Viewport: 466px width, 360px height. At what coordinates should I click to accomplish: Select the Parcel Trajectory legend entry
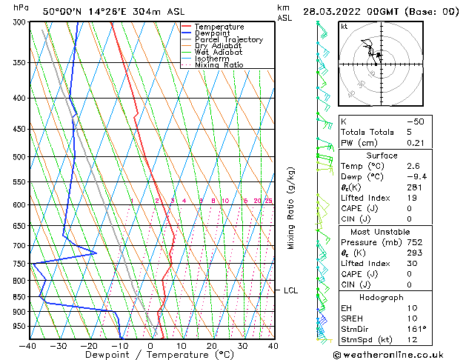[228, 40]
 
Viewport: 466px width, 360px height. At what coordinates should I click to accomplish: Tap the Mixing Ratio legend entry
[219, 65]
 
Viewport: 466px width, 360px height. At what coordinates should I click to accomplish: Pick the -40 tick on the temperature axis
[28, 345]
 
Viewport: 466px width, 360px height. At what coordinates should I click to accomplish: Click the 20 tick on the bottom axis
[211, 345]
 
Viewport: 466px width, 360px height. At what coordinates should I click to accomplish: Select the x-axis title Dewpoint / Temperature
[149, 355]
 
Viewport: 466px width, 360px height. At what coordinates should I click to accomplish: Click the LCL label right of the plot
[290, 291]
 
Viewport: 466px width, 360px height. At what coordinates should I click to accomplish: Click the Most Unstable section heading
[399, 231]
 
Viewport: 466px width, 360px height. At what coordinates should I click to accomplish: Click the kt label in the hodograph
[344, 27]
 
